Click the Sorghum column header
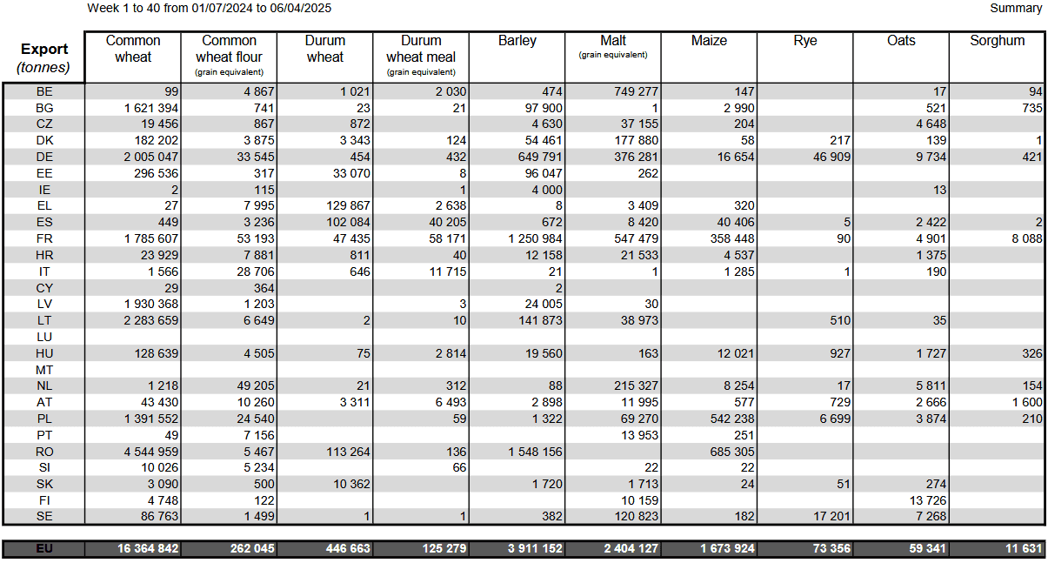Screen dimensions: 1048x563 [997, 41]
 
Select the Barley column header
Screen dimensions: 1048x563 [517, 41]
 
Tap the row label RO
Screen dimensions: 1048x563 [44, 452]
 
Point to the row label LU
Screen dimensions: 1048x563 [44, 337]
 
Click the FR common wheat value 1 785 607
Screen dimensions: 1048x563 [151, 239]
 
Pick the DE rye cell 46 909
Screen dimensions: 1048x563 [831, 157]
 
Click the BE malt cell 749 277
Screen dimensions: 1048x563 [636, 91]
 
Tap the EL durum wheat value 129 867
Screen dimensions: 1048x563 [348, 206]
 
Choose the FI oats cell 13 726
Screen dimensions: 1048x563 [927, 500]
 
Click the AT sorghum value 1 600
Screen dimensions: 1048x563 [1027, 403]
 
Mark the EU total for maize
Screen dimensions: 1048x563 [727, 548]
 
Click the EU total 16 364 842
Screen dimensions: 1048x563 [148, 548]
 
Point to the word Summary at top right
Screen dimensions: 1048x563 [1016, 9]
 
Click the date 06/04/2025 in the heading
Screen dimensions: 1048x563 [300, 9]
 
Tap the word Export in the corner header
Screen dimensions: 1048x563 [44, 49]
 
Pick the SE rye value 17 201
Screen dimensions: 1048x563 [831, 516]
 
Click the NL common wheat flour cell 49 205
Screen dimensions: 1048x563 [255, 386]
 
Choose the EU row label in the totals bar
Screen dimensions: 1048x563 [44, 548]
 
